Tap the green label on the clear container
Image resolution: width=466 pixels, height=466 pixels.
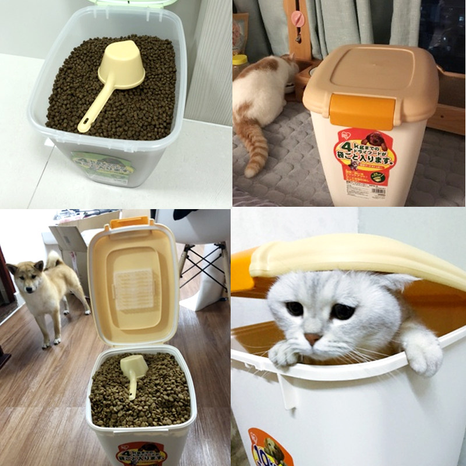point(101,164)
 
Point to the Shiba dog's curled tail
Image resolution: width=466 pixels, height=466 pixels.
point(54,260)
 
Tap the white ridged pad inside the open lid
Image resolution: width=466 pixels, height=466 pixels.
point(135,289)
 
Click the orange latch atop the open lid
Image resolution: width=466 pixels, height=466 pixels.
point(129,222)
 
